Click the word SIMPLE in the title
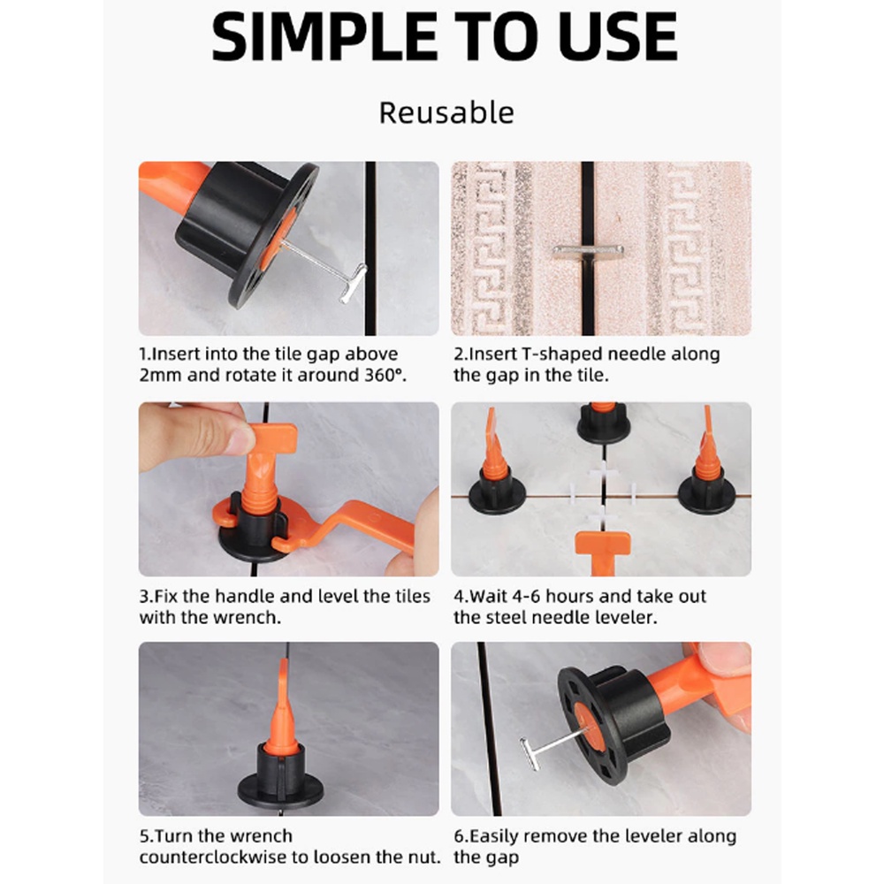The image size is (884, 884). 324,37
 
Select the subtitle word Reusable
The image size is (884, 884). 446,113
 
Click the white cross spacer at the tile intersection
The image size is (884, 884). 602,495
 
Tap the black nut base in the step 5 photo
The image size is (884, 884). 280,777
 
